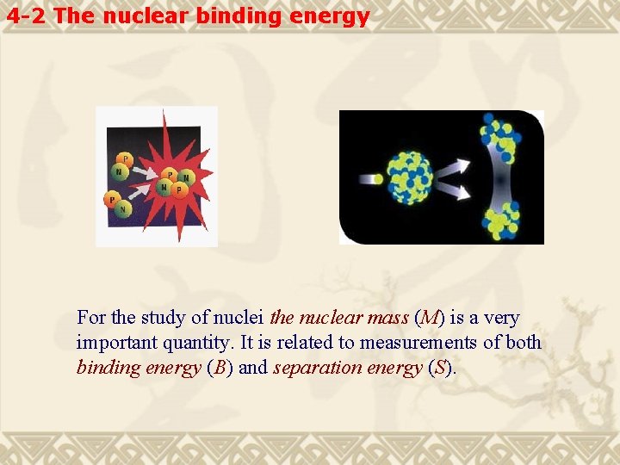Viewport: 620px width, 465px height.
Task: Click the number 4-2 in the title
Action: point(28,15)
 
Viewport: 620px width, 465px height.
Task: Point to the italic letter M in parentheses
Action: point(429,318)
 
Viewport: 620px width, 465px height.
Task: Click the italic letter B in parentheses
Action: point(221,368)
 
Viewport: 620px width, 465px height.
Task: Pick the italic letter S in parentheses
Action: point(441,368)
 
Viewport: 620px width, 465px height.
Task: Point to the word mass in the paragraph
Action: point(387,318)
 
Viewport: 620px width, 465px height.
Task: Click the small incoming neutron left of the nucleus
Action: point(368,178)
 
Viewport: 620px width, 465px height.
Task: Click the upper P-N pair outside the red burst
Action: point(122,166)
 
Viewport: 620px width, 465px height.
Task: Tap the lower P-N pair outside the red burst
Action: point(117,204)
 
